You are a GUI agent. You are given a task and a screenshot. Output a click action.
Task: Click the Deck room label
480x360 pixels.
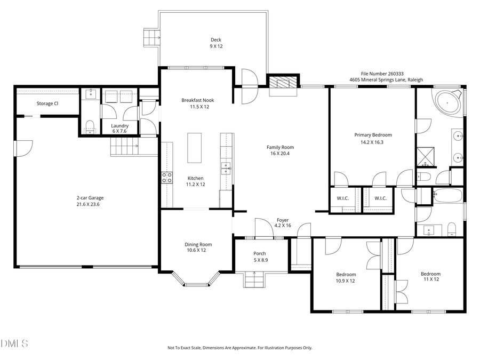[215, 39]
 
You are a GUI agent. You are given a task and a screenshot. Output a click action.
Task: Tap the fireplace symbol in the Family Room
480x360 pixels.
[283, 83]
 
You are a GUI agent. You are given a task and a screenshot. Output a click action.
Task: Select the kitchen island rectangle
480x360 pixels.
[194, 148]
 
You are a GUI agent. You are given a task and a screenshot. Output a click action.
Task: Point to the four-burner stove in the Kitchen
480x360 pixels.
[167, 177]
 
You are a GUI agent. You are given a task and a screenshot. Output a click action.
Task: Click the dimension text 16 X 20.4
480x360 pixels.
[280, 154]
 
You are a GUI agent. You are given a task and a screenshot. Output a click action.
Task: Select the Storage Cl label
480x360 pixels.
[47, 103]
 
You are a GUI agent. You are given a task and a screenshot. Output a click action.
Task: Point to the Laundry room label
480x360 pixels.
[119, 126]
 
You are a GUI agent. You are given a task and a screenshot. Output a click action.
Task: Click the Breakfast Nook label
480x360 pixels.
[195, 100]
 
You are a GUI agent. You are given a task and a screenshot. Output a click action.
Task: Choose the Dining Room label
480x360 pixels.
[198, 244]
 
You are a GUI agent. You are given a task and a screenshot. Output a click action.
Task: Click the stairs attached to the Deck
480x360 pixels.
[151, 37]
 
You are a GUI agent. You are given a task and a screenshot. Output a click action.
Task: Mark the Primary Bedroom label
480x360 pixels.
[373, 135]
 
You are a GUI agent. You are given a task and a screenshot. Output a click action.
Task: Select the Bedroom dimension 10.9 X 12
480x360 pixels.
[345, 281]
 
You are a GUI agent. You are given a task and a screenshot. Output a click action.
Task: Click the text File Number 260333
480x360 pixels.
[382, 74]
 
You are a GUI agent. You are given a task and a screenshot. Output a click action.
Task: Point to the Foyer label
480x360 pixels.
[282, 220]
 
